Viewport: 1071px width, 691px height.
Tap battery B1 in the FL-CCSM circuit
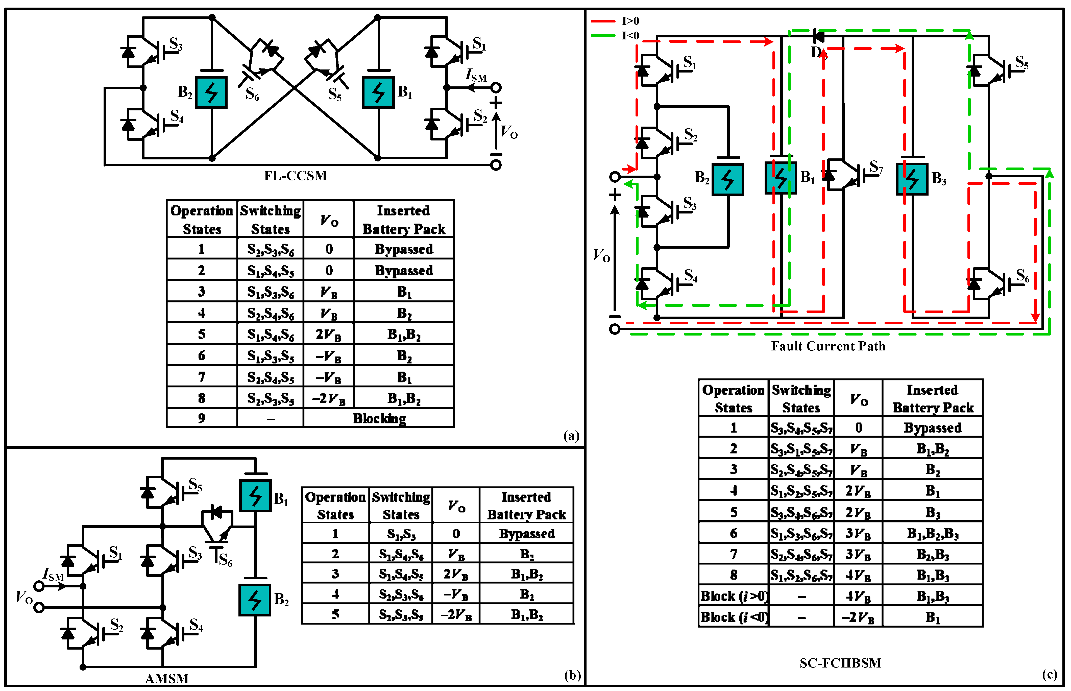[x=378, y=92]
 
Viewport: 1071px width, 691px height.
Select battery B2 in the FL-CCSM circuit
[x=211, y=92]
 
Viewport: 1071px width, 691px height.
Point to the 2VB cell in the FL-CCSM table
[x=328, y=334]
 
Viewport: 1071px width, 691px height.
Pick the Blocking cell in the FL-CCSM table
[x=379, y=418]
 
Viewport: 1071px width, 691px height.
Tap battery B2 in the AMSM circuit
[x=255, y=600]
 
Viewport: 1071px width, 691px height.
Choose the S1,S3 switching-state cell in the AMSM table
[x=401, y=534]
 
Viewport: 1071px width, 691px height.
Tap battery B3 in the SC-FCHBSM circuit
[x=912, y=179]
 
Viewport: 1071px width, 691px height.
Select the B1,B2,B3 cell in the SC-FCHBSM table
[x=932, y=534]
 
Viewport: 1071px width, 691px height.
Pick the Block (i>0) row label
[x=734, y=596]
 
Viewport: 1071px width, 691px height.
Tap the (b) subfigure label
[x=572, y=675]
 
